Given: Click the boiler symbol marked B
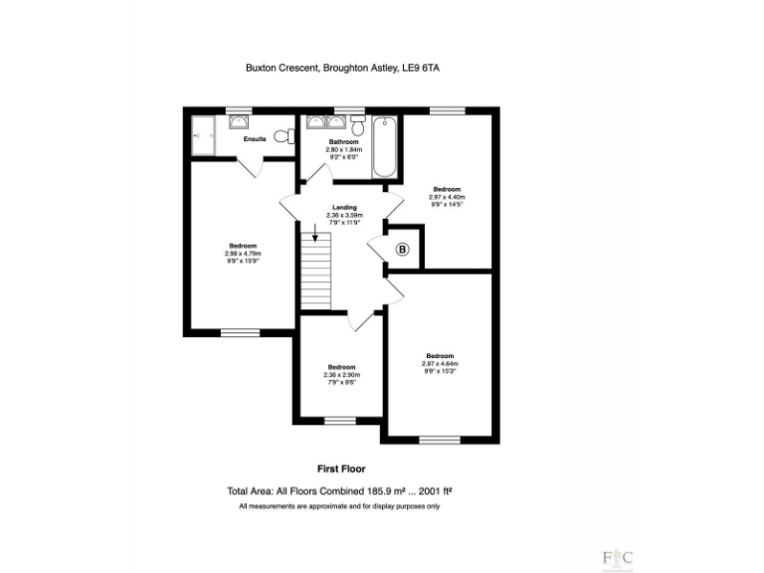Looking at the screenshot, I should click(x=403, y=250).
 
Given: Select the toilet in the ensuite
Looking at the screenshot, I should click(x=281, y=135).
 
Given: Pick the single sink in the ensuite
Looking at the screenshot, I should click(x=240, y=121).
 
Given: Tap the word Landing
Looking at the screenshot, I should click(x=344, y=207).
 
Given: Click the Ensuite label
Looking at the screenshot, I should click(x=255, y=139).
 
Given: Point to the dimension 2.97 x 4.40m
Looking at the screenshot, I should click(x=448, y=197).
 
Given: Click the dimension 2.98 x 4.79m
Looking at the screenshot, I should click(x=243, y=254).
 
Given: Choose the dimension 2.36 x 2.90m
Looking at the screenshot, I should click(x=341, y=375).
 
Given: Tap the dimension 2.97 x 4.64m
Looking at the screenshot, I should click(x=440, y=364).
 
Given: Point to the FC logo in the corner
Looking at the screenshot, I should click(x=617, y=557).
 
